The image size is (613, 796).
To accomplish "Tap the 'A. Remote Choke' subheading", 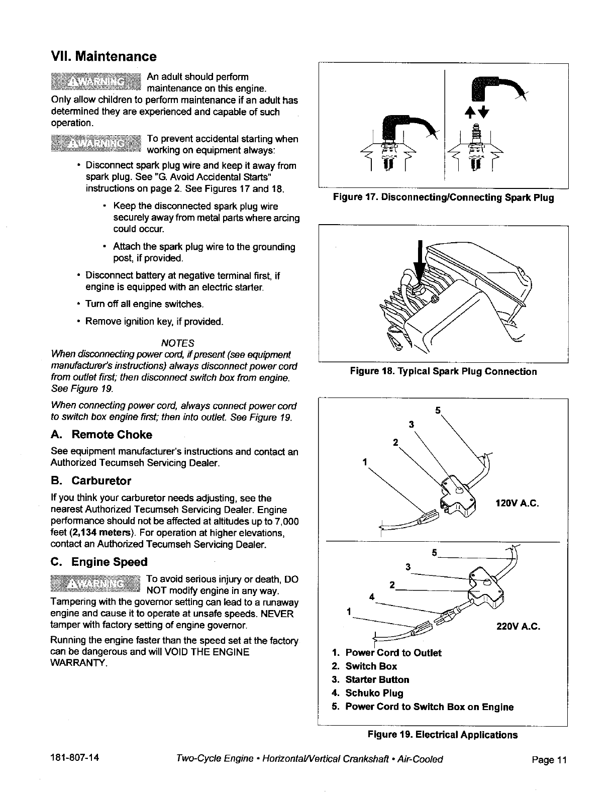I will [x=101, y=435].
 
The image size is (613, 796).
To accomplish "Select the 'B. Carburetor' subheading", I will [x=91, y=481].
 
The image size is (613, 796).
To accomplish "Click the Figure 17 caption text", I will [x=443, y=198].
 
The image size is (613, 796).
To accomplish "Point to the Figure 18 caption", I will [x=443, y=372].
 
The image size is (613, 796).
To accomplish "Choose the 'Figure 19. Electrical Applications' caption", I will [x=442, y=735].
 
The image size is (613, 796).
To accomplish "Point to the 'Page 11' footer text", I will [x=549, y=760].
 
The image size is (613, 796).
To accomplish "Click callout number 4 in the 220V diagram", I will [x=371, y=597].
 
